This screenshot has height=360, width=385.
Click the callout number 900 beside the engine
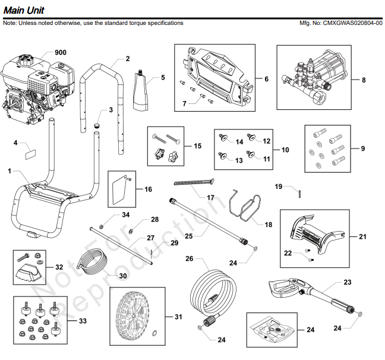click(61, 52)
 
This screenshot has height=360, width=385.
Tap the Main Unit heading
click(23, 10)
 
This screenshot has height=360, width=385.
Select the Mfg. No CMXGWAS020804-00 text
click(342, 23)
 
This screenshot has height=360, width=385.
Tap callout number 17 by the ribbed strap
click(210, 196)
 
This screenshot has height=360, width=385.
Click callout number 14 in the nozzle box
click(239, 141)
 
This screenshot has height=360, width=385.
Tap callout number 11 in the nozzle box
click(266, 159)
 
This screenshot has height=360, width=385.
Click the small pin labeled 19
click(300, 192)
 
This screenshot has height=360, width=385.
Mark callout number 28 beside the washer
click(154, 219)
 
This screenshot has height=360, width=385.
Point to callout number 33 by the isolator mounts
click(82, 321)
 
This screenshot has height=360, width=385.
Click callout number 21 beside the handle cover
click(363, 236)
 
